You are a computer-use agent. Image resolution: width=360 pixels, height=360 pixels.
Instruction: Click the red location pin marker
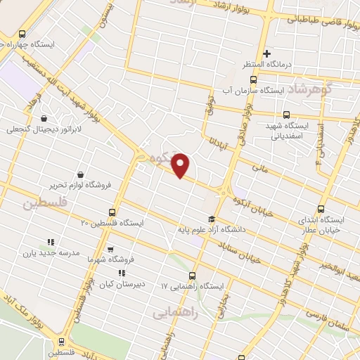[x=181, y=165]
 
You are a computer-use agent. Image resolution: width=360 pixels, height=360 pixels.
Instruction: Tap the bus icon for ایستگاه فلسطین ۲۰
[x=112, y=212]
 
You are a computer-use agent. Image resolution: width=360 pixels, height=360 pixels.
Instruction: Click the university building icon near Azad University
[x=212, y=219]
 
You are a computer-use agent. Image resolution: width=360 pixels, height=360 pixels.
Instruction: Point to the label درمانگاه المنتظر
[x=266, y=65]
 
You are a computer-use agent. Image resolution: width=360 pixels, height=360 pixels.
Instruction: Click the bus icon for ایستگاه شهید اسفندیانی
[x=286, y=115]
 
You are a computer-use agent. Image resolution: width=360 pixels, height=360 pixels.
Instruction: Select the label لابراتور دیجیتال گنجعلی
[x=44, y=130]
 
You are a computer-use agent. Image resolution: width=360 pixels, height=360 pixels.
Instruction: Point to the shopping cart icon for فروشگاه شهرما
[x=111, y=248]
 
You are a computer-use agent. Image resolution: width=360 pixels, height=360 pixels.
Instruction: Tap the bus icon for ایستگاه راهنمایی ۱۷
[x=193, y=276]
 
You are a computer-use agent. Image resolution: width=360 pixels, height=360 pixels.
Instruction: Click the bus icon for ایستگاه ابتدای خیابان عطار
[x=321, y=209]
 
